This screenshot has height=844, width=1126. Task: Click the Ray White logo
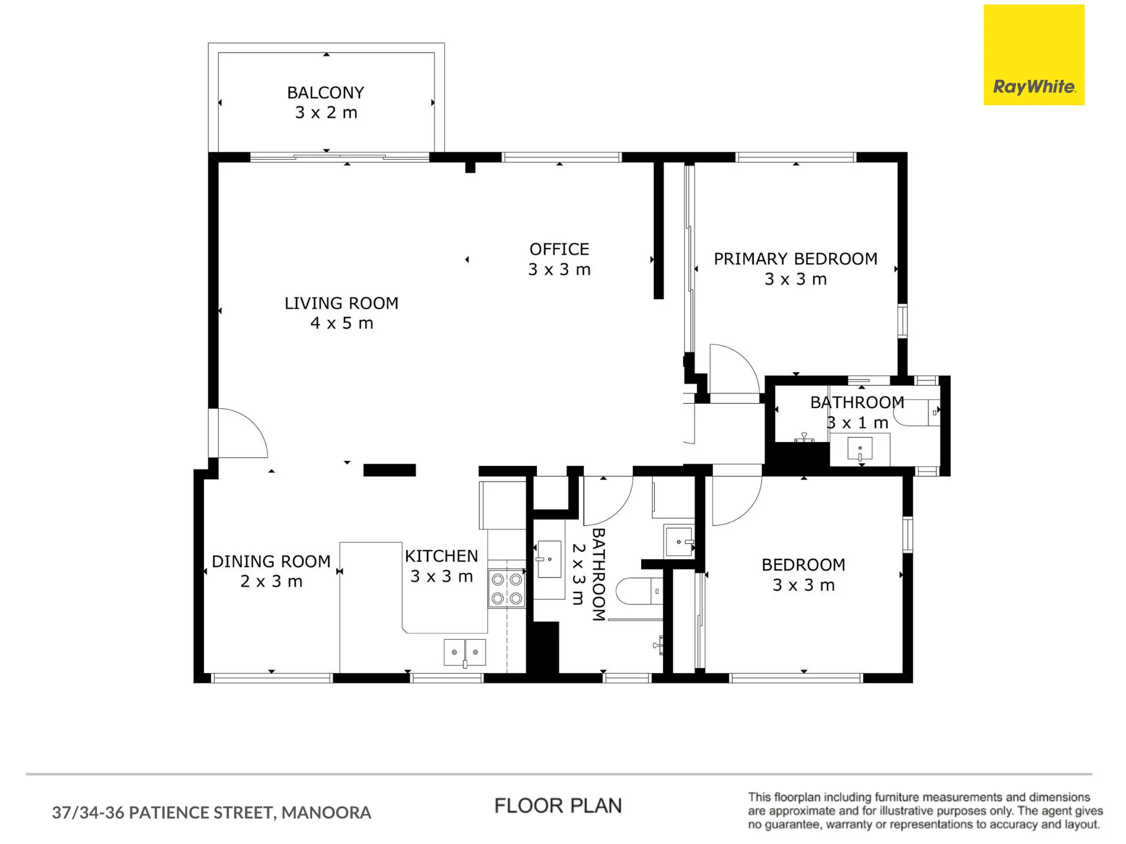pyautogui.click(x=1034, y=55)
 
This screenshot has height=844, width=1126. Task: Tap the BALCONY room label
pyautogui.click(x=326, y=92)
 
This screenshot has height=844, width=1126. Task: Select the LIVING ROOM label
pyautogui.click(x=342, y=303)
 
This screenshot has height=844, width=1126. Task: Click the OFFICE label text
pyautogui.click(x=560, y=249)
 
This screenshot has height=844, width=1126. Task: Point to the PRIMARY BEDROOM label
pyautogui.click(x=796, y=259)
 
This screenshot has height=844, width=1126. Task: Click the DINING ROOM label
pyautogui.click(x=271, y=561)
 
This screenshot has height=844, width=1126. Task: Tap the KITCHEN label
pyautogui.click(x=442, y=556)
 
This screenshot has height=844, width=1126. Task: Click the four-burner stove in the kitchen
pyautogui.click(x=507, y=589)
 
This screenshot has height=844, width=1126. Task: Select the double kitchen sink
pyautogui.click(x=465, y=652)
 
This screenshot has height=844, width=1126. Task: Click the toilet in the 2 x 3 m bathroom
pyautogui.click(x=639, y=592)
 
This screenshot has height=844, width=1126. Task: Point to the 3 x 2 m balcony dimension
pyautogui.click(x=326, y=113)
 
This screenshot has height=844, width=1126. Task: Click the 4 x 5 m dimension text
pyautogui.click(x=342, y=323)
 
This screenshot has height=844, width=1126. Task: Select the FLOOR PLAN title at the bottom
pyautogui.click(x=558, y=806)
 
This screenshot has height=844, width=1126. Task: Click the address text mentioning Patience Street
pyautogui.click(x=212, y=812)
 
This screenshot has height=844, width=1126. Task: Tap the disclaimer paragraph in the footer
pyautogui.click(x=925, y=811)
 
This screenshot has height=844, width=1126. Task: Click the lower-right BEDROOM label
pyautogui.click(x=803, y=564)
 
